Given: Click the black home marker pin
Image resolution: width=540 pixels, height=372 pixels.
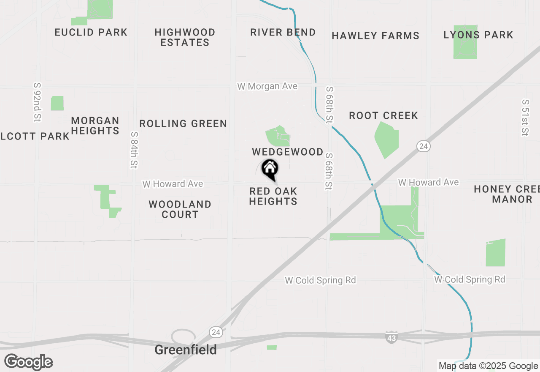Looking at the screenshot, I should [270, 168].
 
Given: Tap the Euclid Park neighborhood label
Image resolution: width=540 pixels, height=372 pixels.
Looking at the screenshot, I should [91, 33].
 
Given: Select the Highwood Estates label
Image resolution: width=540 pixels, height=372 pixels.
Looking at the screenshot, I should [185, 37].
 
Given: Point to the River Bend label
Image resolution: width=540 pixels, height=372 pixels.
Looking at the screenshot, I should [283, 33].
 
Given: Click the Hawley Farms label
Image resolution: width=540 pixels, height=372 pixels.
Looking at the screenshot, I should [375, 36].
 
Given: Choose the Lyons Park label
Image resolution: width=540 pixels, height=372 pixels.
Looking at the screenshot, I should [478, 35].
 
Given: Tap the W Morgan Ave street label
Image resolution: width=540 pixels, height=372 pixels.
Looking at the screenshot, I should [267, 86].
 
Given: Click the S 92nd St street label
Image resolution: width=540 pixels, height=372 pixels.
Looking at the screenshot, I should [38, 102].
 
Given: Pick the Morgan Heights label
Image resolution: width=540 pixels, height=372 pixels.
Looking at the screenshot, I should [95, 126].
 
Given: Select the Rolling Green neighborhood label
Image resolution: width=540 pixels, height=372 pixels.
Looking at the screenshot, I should [183, 124].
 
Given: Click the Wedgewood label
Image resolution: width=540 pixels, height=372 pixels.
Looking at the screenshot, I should [288, 152].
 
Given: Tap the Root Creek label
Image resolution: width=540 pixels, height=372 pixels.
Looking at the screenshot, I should [383, 116].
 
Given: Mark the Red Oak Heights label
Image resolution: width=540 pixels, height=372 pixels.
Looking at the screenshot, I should [273, 196].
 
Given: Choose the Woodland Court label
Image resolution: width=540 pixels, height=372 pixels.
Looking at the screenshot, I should [180, 209].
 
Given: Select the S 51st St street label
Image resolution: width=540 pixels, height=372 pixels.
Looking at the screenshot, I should [525, 118].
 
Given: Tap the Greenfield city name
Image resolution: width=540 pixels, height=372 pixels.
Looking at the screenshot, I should [186, 350].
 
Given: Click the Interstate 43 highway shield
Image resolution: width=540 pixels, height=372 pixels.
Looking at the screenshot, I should [391, 337].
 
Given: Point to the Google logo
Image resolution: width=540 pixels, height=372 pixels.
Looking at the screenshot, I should [29, 362].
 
